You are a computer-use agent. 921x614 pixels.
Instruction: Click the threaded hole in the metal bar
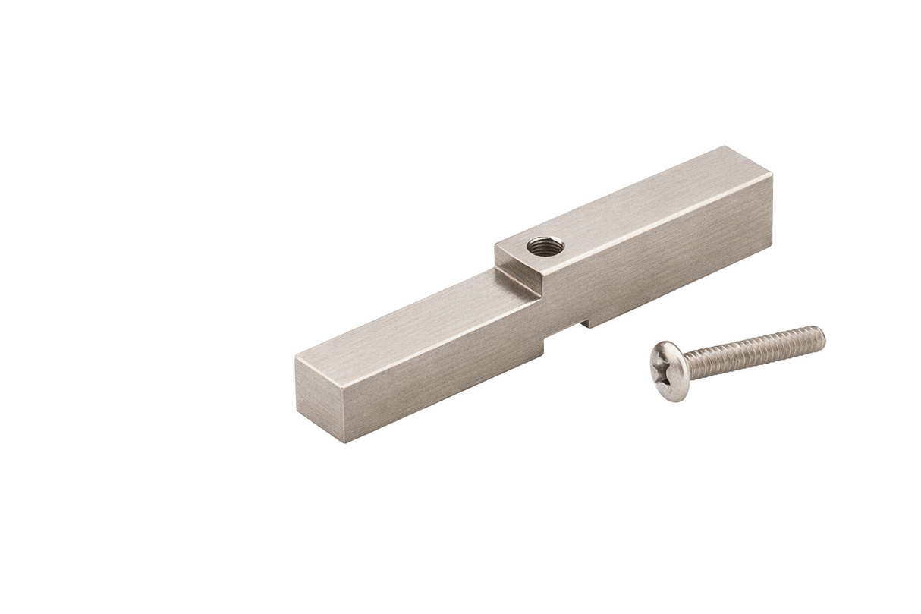click(x=545, y=246)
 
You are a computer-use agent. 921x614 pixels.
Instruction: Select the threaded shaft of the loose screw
click(x=759, y=351)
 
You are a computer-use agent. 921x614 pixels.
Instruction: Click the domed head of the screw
click(x=670, y=370)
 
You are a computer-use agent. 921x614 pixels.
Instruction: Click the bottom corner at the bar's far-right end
click(x=772, y=244)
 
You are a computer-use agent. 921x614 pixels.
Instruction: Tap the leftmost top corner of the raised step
click(x=495, y=244)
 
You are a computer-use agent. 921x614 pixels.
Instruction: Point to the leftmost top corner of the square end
click(x=296, y=356)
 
